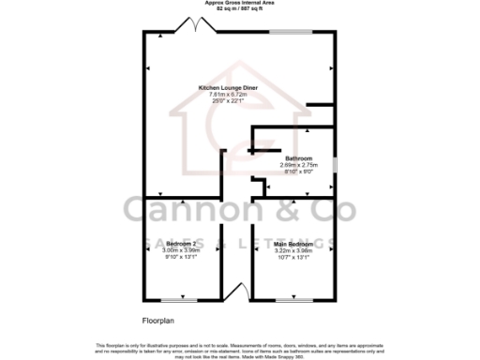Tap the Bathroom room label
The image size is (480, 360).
point(298,158)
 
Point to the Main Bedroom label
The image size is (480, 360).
point(295,244)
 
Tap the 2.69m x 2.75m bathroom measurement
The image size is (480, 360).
point(298,165)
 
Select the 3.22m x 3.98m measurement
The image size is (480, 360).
point(295,251)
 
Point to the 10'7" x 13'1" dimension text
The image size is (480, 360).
point(295,258)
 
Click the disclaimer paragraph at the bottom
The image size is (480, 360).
point(240,350)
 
